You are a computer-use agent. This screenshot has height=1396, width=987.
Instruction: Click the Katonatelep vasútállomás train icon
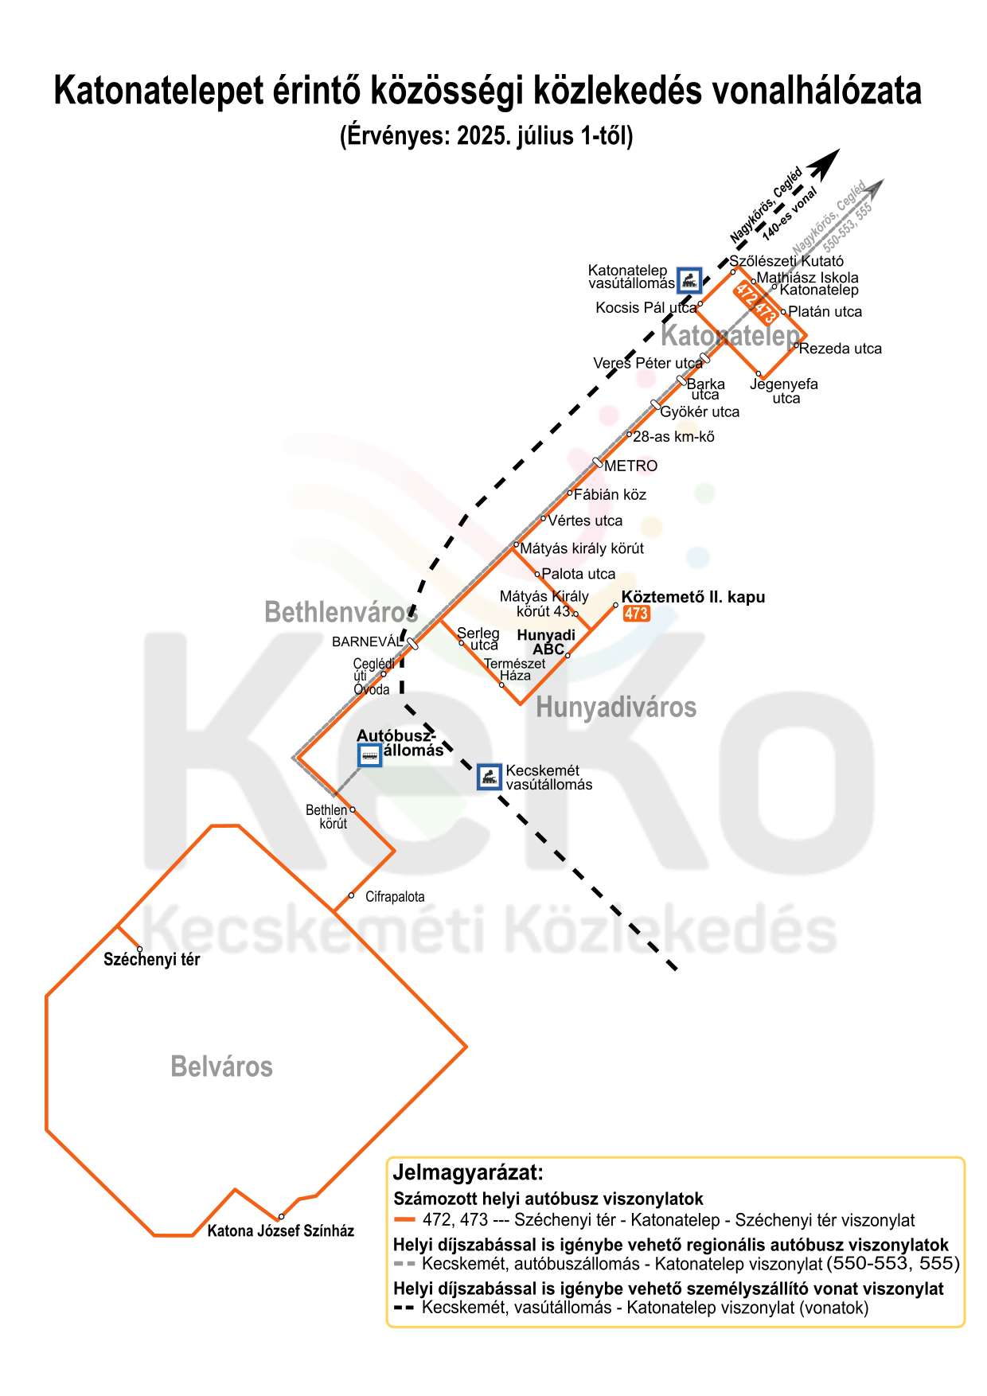[689, 279]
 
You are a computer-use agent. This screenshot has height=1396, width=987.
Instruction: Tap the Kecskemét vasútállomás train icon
[489, 777]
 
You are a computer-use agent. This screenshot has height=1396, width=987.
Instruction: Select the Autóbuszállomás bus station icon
[369, 755]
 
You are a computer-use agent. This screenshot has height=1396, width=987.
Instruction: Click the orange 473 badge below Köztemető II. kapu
[636, 614]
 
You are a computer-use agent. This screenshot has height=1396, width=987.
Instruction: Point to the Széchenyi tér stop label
[151, 960]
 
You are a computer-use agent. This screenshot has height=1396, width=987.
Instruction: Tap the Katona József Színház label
[280, 1231]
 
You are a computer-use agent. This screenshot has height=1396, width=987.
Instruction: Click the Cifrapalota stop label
[395, 897]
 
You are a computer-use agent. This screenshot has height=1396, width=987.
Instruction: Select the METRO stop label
[630, 466]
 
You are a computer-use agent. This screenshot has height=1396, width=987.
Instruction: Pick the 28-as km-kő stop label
[673, 437]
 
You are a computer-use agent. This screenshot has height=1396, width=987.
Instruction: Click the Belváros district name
[221, 1066]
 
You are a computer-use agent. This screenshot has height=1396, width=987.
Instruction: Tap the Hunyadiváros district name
[616, 708]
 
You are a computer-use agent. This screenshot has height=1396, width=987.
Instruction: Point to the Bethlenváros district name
[341, 613]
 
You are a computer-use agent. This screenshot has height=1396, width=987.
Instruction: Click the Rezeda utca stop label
[841, 349]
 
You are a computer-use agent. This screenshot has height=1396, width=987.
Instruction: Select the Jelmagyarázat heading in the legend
[468, 1172]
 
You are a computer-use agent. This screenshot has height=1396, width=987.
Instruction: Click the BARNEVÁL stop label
[367, 642]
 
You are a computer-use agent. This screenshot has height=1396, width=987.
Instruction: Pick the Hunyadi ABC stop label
[547, 641]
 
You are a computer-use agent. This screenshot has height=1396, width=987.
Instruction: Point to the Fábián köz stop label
[610, 495]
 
